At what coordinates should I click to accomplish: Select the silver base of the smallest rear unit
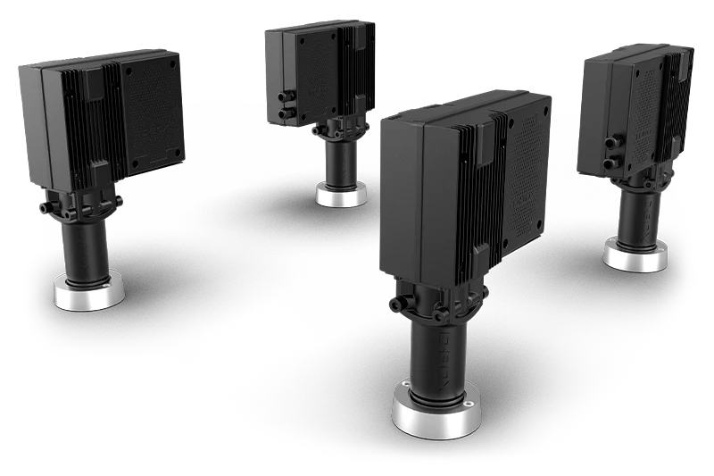(x=341, y=196)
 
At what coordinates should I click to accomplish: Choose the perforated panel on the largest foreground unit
(x=527, y=170)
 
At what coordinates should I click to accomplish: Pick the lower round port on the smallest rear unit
(x=283, y=114)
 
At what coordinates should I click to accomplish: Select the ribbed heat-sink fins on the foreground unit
(x=471, y=205)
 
